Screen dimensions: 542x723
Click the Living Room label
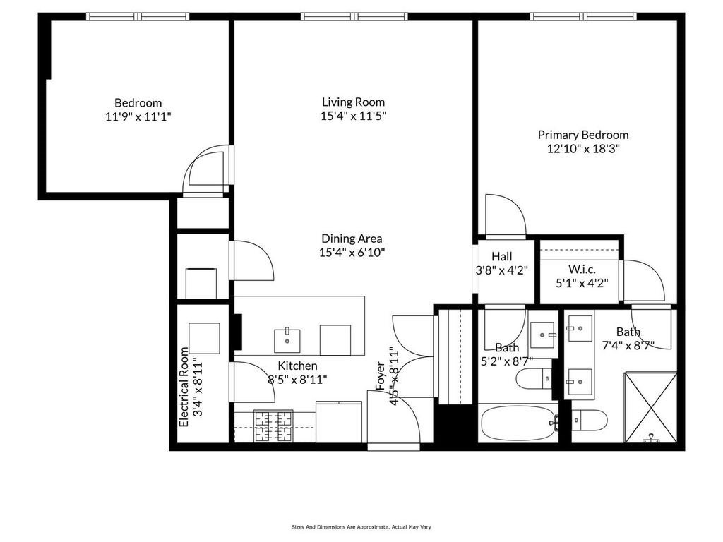pos(354,102)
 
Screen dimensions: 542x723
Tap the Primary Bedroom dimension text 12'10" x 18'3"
pos(583,148)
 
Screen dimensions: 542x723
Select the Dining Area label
pos(352,239)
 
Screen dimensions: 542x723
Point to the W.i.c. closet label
pos(582,269)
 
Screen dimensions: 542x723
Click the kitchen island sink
pos(287,339)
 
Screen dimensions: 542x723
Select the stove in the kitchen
pos(274,426)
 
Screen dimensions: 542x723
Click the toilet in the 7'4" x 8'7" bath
pos(590,421)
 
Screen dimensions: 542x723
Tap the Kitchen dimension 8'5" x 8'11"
pos(297,379)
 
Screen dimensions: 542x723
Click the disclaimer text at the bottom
pos(361,526)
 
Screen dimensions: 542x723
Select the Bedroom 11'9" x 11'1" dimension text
pos(138,116)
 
